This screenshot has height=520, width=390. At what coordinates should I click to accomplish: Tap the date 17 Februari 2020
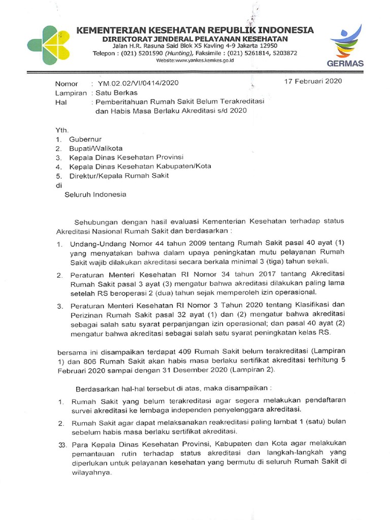313,81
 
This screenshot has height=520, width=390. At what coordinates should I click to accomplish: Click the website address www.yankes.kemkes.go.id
194,60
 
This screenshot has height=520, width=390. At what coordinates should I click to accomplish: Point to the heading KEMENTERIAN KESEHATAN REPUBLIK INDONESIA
195,30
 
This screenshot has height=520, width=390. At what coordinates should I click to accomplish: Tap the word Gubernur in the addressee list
86,139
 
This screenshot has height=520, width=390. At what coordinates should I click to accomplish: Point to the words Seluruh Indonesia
95,194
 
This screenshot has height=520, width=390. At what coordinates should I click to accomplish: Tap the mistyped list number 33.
62,445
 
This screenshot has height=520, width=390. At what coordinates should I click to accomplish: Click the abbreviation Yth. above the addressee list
62,130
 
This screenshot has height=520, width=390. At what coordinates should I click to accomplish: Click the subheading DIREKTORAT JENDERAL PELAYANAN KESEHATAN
195,39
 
